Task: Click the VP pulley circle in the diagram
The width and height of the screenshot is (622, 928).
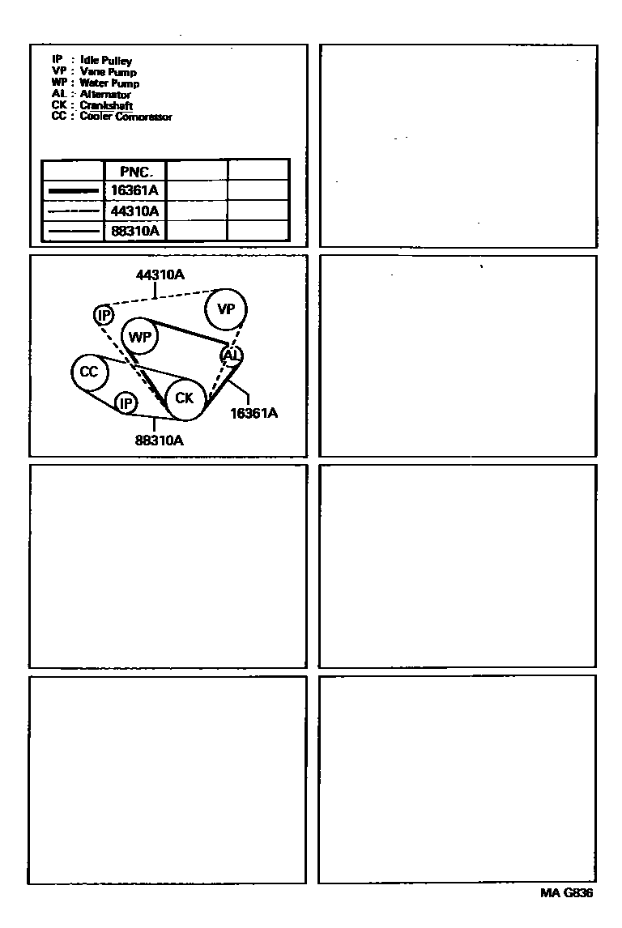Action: [x=226, y=309]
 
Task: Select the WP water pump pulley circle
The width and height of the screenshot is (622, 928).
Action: [x=141, y=337]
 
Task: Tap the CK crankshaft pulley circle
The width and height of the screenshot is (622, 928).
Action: [x=184, y=398]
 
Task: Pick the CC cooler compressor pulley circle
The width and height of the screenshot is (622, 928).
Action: [x=88, y=372]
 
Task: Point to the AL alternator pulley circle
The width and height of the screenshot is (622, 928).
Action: [x=232, y=355]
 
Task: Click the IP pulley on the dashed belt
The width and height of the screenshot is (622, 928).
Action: [x=103, y=315]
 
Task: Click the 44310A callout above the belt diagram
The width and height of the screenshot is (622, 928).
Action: [x=160, y=275]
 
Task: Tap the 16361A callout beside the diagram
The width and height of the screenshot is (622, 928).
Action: [x=253, y=413]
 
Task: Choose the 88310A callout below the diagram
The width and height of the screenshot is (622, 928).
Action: [x=159, y=441]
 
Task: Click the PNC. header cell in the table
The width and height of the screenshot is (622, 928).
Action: [x=135, y=171]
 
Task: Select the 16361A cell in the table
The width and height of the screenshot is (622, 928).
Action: [x=135, y=190]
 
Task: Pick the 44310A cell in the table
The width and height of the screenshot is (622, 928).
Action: [x=135, y=211]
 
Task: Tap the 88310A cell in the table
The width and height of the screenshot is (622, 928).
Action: [x=135, y=231]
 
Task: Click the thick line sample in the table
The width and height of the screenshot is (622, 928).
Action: [x=73, y=191]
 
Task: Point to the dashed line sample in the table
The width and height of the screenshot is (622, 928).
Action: [x=73, y=211]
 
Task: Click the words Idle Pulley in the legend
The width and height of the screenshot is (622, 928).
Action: [x=106, y=61]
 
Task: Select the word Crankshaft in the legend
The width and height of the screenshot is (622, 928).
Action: [x=106, y=106]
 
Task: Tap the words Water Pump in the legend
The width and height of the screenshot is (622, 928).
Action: [x=109, y=83]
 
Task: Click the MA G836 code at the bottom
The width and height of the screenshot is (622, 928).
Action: [x=567, y=894]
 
